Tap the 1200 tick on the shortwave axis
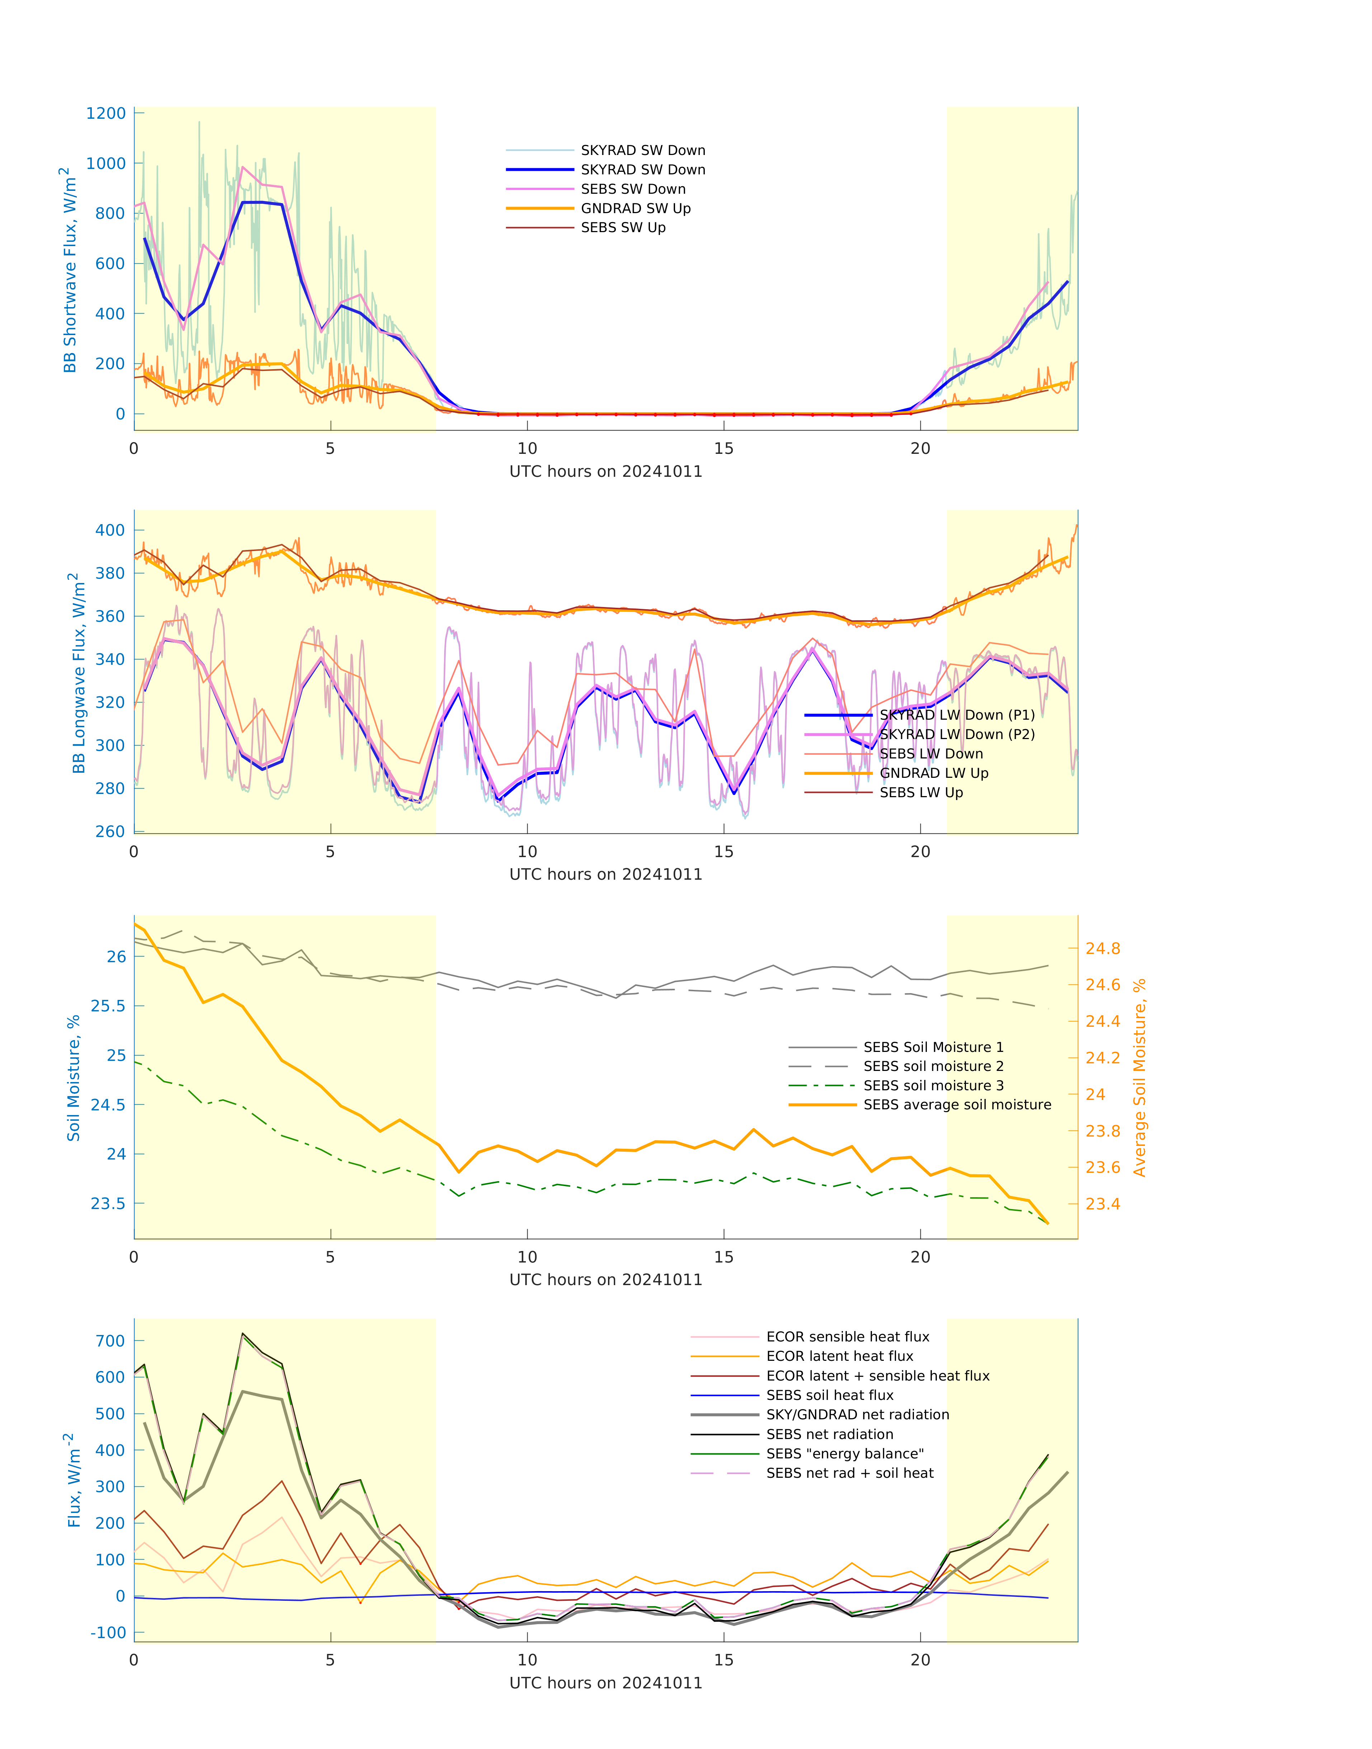106,113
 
